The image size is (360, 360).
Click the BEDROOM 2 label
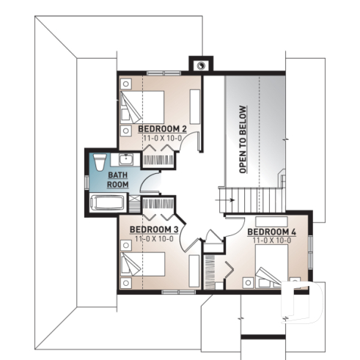162,130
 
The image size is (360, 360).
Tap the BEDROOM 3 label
153,229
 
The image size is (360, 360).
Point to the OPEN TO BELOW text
242,139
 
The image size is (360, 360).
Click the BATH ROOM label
118,180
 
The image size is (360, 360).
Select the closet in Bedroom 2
160,157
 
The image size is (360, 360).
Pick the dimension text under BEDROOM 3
153,238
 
